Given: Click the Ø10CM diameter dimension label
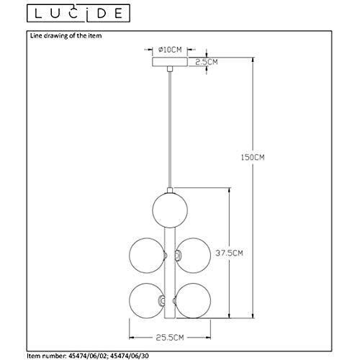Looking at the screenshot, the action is click(x=170, y=50).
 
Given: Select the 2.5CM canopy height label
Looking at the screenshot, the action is click(x=207, y=62).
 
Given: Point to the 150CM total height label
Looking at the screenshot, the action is click(x=253, y=157).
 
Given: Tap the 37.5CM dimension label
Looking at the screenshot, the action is click(x=229, y=253).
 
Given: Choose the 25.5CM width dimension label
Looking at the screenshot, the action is click(x=170, y=338).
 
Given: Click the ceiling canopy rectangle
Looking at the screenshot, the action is click(x=170, y=62).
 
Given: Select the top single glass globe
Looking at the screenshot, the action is click(x=170, y=210).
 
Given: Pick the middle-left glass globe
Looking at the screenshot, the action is click(x=147, y=256).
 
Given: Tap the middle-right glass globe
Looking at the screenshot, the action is click(x=193, y=256).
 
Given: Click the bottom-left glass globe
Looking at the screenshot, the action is click(x=147, y=301).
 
